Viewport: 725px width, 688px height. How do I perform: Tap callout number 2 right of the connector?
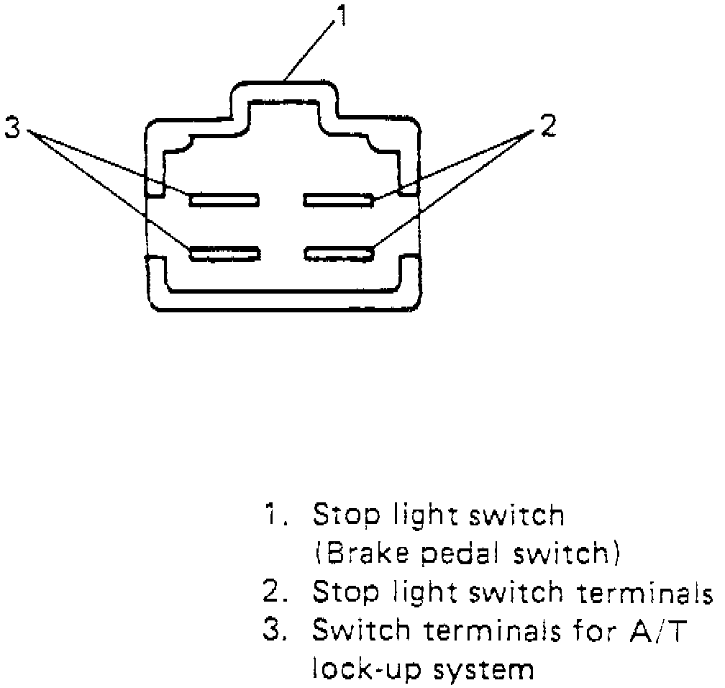[547, 126]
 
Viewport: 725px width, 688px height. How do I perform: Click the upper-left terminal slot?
[224, 199]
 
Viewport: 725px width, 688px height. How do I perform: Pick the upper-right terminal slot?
[339, 199]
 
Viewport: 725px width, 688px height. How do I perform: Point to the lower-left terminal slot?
[224, 253]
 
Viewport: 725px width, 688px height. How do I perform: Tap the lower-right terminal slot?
[339, 253]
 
